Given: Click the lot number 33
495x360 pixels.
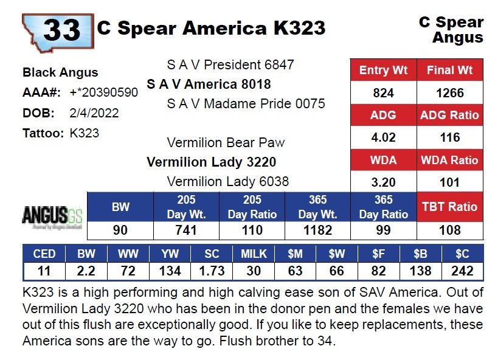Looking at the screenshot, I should (61, 29).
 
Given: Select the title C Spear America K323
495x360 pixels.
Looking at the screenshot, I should (211, 29).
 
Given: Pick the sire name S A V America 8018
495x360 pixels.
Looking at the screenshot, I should (209, 84).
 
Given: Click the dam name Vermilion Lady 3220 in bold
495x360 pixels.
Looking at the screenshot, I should (211, 162).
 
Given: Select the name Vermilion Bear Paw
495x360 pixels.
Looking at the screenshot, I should (226, 143).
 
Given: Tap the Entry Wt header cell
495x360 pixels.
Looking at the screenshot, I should (383, 71).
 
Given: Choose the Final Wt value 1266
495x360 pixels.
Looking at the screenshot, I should (450, 93).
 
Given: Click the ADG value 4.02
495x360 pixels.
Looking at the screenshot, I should (383, 137).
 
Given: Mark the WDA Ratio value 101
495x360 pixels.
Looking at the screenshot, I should (450, 182).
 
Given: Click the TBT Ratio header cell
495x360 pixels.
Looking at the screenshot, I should (450, 207).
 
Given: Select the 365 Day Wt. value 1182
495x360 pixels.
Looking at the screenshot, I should (317, 230).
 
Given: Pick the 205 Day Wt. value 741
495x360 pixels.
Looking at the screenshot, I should (186, 230).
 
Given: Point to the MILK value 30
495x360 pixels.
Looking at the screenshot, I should (253, 271).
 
